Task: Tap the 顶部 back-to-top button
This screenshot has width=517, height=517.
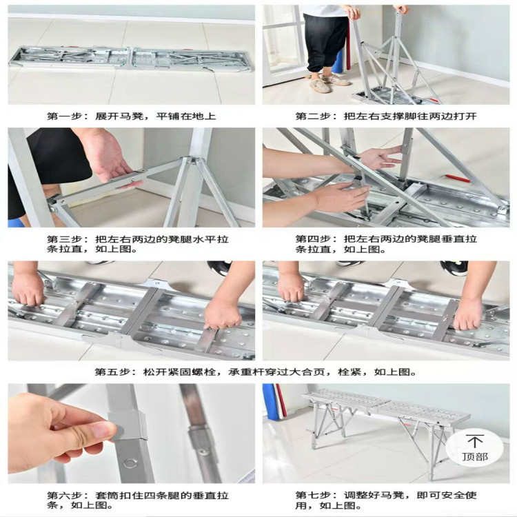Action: (x=474, y=447)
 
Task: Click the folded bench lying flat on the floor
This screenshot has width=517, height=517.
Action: (x=131, y=58)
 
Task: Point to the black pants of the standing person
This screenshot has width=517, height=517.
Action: (x=325, y=41)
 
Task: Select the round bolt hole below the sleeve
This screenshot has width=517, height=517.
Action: (x=130, y=463)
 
